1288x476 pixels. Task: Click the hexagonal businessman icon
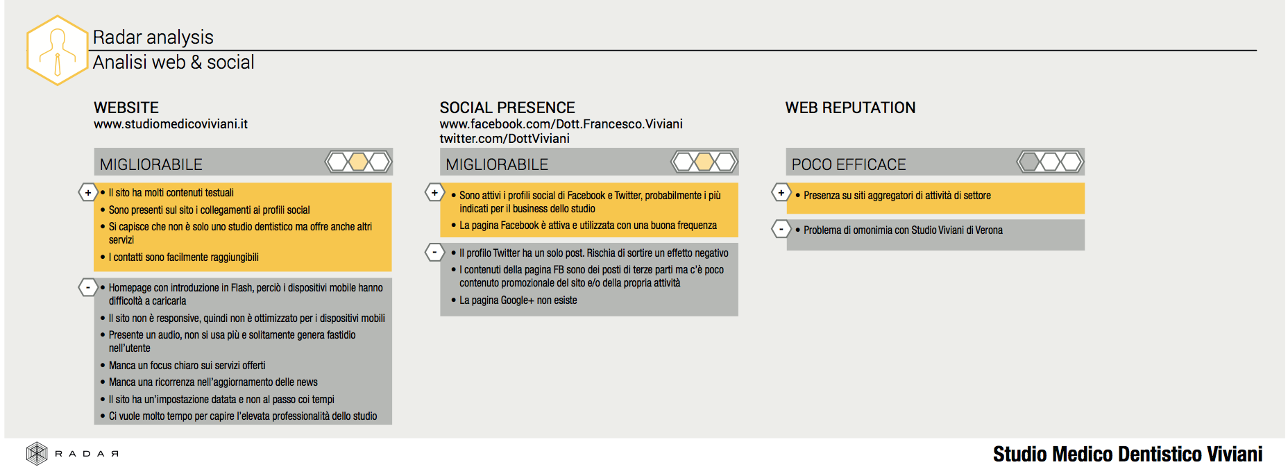point(57,50)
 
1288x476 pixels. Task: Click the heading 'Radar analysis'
point(153,37)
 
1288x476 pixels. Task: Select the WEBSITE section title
point(126,108)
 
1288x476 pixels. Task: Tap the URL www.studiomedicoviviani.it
point(171,124)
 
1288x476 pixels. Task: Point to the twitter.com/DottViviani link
point(505,139)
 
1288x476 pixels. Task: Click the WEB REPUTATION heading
point(850,108)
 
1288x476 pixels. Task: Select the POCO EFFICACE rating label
point(849,164)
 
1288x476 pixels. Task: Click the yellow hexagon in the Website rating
point(359,162)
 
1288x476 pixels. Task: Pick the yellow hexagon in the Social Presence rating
point(704,162)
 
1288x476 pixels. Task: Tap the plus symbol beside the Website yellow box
point(88,192)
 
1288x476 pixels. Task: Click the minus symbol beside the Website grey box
point(88,287)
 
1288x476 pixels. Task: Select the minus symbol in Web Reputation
point(781,229)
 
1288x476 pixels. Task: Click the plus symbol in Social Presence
point(435,192)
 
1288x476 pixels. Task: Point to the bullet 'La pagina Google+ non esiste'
point(514,300)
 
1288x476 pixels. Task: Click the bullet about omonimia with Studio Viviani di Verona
point(899,230)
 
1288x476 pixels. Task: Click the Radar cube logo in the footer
point(37,454)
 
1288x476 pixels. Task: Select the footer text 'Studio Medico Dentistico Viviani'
point(1128,454)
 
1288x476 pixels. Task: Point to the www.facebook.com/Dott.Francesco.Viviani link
point(561,124)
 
